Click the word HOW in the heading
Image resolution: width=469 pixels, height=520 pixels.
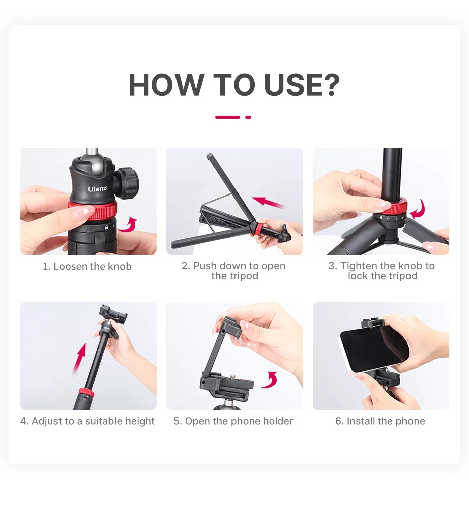(166, 85)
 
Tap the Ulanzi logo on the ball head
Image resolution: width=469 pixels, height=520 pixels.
(98, 188)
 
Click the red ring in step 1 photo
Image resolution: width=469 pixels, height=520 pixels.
(93, 210)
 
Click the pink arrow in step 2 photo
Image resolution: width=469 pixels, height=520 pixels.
(268, 202)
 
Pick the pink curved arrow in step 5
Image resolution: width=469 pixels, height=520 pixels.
(270, 380)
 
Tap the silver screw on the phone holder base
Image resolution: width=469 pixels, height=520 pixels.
(232, 377)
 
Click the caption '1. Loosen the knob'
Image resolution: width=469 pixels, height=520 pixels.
(87, 266)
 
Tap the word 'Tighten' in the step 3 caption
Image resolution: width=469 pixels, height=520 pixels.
(359, 266)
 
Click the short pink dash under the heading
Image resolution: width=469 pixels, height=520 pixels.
(248, 117)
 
